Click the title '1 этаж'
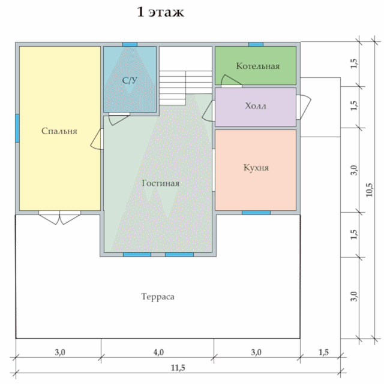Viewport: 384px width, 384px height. pos(160,12)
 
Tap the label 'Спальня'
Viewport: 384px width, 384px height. pos(59,131)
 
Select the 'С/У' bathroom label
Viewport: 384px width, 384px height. pos(130,80)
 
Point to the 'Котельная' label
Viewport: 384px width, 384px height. pos(258,66)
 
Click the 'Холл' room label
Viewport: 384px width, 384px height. pos(256,106)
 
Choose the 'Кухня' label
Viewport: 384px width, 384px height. pos(256,168)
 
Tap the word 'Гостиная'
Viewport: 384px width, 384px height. pos(161,183)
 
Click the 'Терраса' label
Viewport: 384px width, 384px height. pos(158,297)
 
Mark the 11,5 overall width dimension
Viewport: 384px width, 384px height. pos(178,368)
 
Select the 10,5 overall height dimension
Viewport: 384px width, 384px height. pos(369,189)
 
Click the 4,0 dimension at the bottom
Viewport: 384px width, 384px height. pos(158,352)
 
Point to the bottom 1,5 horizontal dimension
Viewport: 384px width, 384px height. pos(323,352)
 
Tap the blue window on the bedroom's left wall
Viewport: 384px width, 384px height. pos(17,128)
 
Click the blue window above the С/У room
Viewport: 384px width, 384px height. pos(130,44)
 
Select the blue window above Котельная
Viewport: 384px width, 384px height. pos(256,44)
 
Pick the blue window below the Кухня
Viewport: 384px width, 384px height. pos(256,213)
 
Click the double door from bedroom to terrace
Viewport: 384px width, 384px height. pos(59,217)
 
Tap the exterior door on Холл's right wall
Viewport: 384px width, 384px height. pos(304,107)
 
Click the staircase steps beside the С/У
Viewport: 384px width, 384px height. pos(185,87)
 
